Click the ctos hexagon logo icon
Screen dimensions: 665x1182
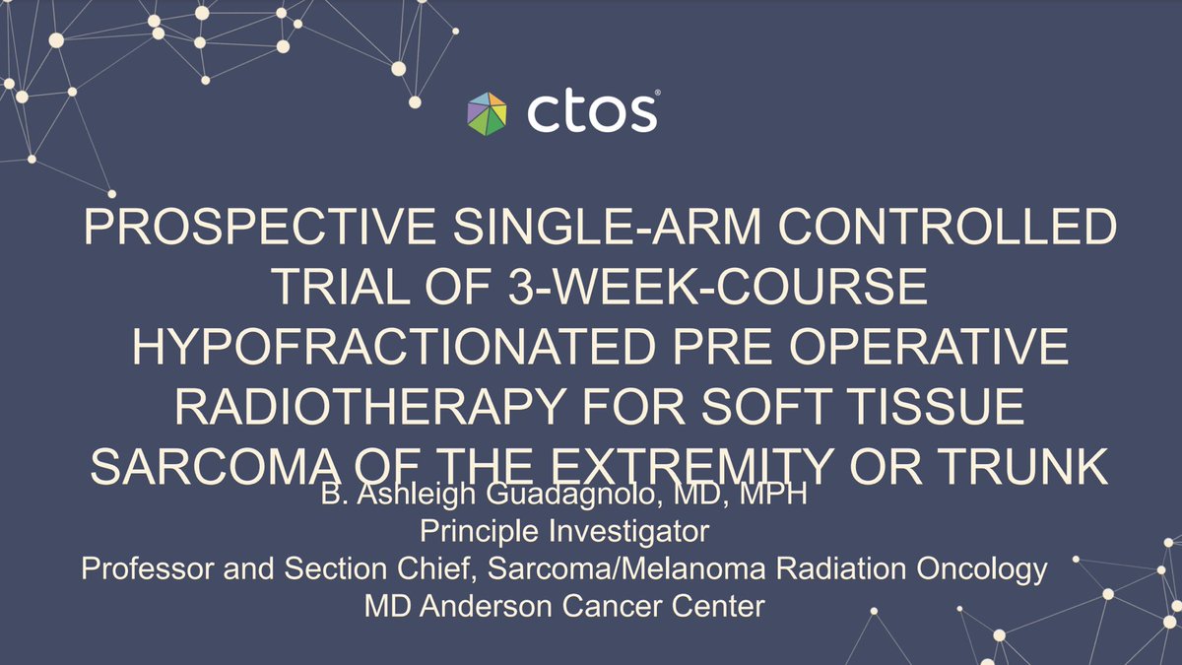point(489,112)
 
